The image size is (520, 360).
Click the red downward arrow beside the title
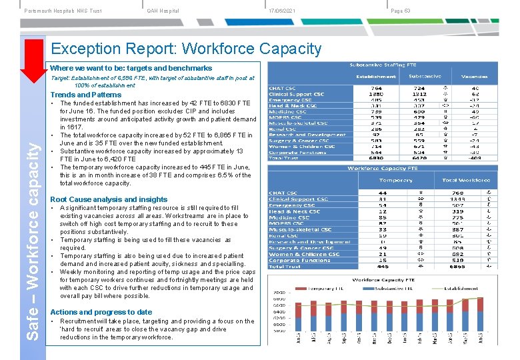pos(31,64)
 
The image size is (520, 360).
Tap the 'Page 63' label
pos(401,11)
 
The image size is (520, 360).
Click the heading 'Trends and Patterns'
pos(86,95)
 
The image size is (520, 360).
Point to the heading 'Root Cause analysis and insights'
pos(109,199)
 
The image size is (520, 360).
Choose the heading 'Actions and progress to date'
pos(101,312)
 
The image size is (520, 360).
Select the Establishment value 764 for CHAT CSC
pos(377,88)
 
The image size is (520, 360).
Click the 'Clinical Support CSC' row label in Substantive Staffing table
pos(298,94)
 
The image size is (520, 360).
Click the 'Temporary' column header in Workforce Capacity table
pos(396,181)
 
